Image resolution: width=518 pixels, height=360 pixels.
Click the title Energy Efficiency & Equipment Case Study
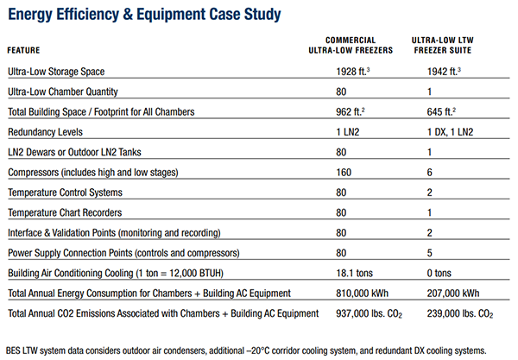144,15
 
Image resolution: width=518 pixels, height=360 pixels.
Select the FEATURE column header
23,50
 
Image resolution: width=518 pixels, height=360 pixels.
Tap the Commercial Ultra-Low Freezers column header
351,45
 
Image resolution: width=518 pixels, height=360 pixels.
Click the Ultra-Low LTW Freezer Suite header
443,45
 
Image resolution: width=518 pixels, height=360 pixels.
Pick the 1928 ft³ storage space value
353,72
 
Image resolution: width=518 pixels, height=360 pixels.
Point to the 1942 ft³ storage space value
444,72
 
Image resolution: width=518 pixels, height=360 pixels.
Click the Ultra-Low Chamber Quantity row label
63,92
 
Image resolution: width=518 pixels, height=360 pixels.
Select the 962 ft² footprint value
351,111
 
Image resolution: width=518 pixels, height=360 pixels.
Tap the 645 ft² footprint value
441,111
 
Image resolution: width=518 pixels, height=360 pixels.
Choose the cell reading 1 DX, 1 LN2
450,132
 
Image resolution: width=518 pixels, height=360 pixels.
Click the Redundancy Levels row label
45,132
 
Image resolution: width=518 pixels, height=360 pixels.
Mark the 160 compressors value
344,173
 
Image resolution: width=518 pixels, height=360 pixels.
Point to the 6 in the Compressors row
429,173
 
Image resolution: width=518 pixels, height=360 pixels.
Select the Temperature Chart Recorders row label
65,212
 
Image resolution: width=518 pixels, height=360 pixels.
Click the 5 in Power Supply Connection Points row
429,253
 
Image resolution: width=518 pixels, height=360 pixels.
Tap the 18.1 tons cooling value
354,273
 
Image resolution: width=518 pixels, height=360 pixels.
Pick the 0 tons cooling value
439,273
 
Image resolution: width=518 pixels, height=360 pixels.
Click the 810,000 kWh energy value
362,294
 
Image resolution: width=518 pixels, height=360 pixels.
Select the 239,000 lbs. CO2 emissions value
460,313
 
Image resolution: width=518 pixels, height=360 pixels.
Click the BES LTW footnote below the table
246,351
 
